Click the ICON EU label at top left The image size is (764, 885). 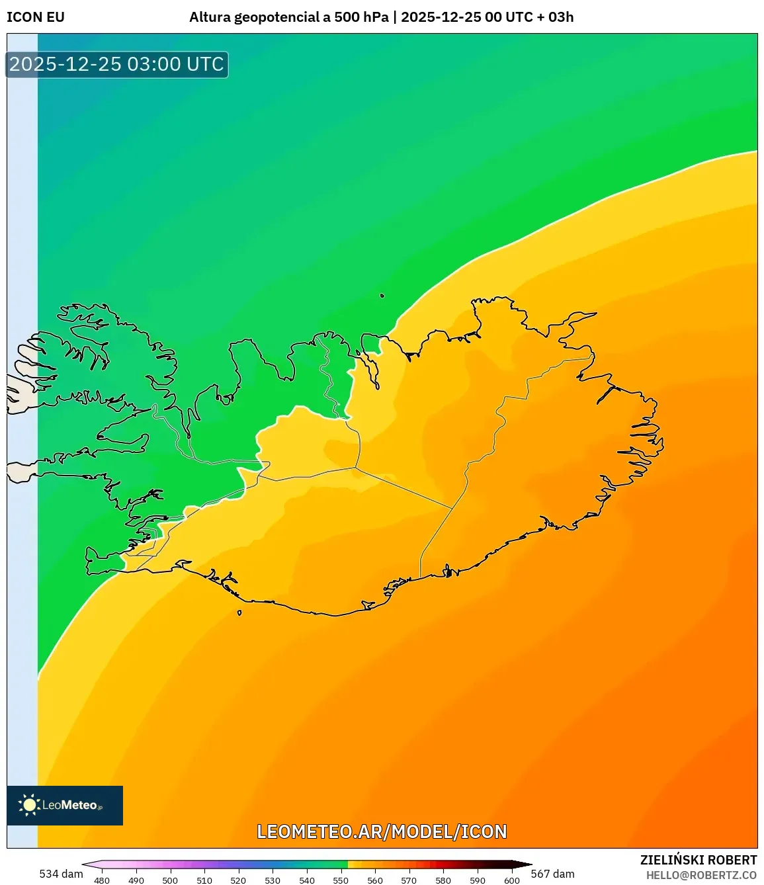click(36, 17)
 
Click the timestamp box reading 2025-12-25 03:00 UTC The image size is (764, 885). click(117, 64)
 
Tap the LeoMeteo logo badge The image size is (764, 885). click(65, 805)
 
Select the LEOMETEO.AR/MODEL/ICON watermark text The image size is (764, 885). click(382, 831)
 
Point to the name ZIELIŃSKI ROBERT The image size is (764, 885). click(699, 860)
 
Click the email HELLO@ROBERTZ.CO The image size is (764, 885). click(701, 875)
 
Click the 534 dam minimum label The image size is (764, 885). click(61, 874)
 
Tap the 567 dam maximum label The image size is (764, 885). click(552, 874)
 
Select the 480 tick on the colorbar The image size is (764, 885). click(102, 880)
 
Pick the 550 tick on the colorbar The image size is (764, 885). click(341, 880)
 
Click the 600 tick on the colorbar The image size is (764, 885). click(512, 880)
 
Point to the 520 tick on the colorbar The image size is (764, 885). click(238, 880)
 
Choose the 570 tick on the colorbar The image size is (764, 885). click(409, 880)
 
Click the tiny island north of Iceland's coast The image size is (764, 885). click(382, 296)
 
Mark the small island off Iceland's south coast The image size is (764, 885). click(239, 612)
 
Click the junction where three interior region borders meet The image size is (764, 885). click(356, 468)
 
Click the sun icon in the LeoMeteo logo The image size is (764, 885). click(29, 805)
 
